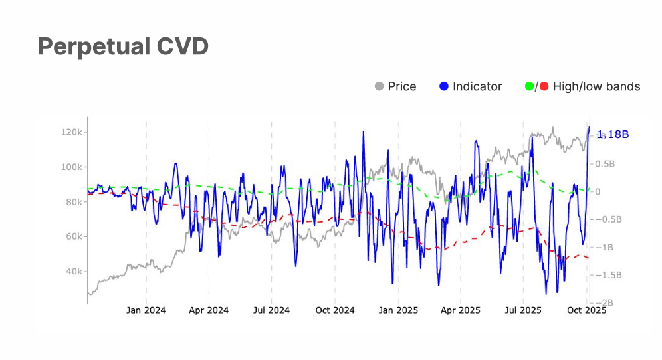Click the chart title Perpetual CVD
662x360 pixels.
tap(123, 46)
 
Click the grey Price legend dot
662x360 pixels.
tap(380, 86)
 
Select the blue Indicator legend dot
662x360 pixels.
tap(445, 86)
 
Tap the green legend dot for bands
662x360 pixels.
tap(530, 86)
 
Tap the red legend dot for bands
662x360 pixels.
tap(544, 86)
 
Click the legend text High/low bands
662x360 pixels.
tap(596, 86)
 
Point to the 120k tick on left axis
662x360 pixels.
tap(70, 132)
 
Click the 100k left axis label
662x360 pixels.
tap(70, 167)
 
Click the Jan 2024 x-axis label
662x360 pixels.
tap(146, 310)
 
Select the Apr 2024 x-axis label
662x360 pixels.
tap(209, 310)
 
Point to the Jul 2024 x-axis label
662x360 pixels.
tap(271, 310)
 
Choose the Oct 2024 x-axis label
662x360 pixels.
tap(334, 310)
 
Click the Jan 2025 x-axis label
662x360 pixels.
tap(398, 310)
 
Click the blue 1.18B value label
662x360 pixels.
tap(612, 135)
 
